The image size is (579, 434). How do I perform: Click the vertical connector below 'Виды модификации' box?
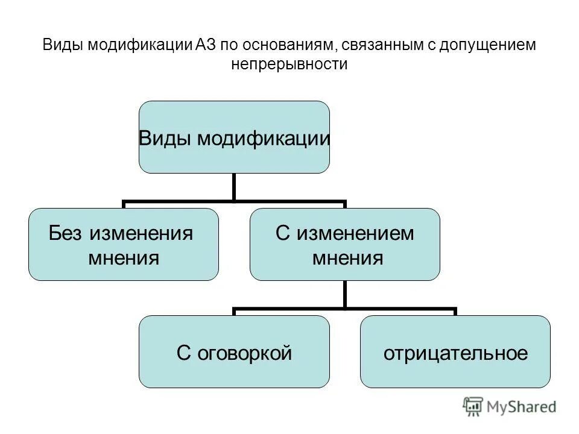tap(234, 187)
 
